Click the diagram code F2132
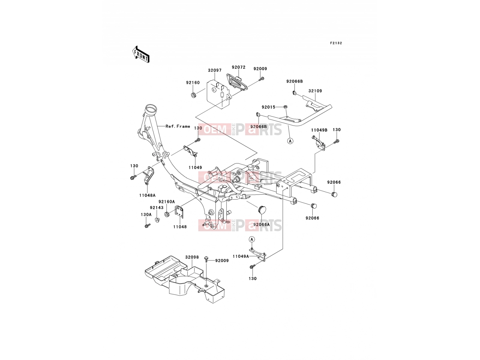(x=336, y=43)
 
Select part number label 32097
(x=214, y=70)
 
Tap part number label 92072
(x=238, y=67)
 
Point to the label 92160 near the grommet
(x=193, y=82)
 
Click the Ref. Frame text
(x=178, y=126)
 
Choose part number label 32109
(x=315, y=91)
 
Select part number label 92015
(x=268, y=107)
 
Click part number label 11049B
(x=319, y=130)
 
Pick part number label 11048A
(x=147, y=195)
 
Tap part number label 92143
(x=157, y=208)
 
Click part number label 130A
(x=146, y=214)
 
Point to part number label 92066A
(x=262, y=224)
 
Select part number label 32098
(x=192, y=257)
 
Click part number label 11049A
(x=241, y=256)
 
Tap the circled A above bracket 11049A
(x=252, y=239)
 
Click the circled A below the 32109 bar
(x=290, y=141)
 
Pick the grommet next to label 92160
(x=193, y=95)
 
